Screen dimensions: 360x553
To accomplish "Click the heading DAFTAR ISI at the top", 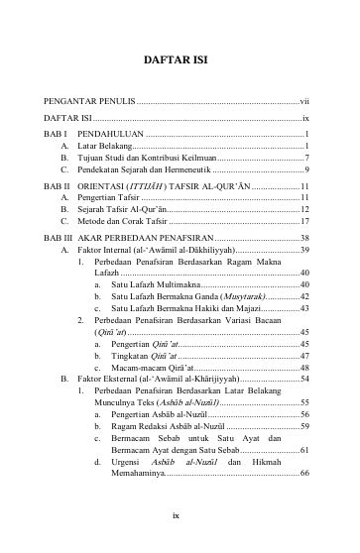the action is point(180,59).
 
